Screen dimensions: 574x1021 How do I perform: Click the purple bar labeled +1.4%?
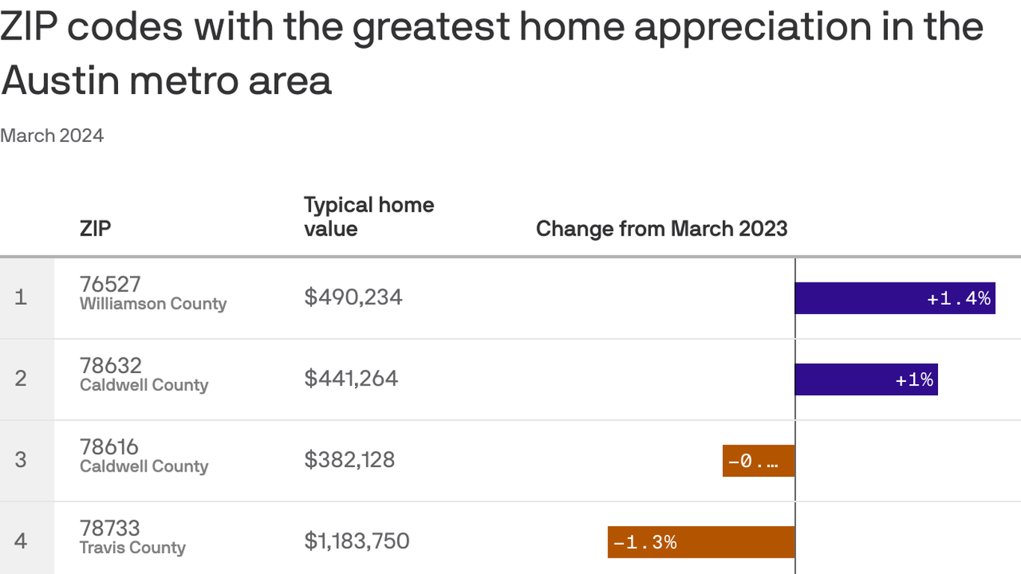895,298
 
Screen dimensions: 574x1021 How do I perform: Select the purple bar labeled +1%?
866,380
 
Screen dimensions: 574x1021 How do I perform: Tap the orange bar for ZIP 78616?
758,461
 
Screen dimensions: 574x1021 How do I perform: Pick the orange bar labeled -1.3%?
700,542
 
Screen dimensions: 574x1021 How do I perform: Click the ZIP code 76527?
110,284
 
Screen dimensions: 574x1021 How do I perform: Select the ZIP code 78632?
110,365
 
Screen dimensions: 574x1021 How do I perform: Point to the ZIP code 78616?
109,447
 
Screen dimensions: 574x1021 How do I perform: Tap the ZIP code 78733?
110,528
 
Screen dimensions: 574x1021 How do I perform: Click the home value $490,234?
353,297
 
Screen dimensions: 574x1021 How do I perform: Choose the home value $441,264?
351,378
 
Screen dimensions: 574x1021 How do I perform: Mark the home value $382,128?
349,460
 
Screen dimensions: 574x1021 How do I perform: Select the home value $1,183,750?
357,540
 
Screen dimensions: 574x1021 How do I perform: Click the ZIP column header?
95,228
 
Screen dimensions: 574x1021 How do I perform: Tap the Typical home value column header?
368,216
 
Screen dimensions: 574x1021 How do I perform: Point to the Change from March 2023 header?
661,228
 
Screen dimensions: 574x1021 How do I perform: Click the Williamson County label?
152,304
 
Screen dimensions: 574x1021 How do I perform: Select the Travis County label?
132,548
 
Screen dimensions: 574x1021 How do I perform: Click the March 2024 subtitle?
52,135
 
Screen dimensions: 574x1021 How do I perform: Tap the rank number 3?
21,460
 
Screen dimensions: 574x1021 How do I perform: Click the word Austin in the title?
63,81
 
